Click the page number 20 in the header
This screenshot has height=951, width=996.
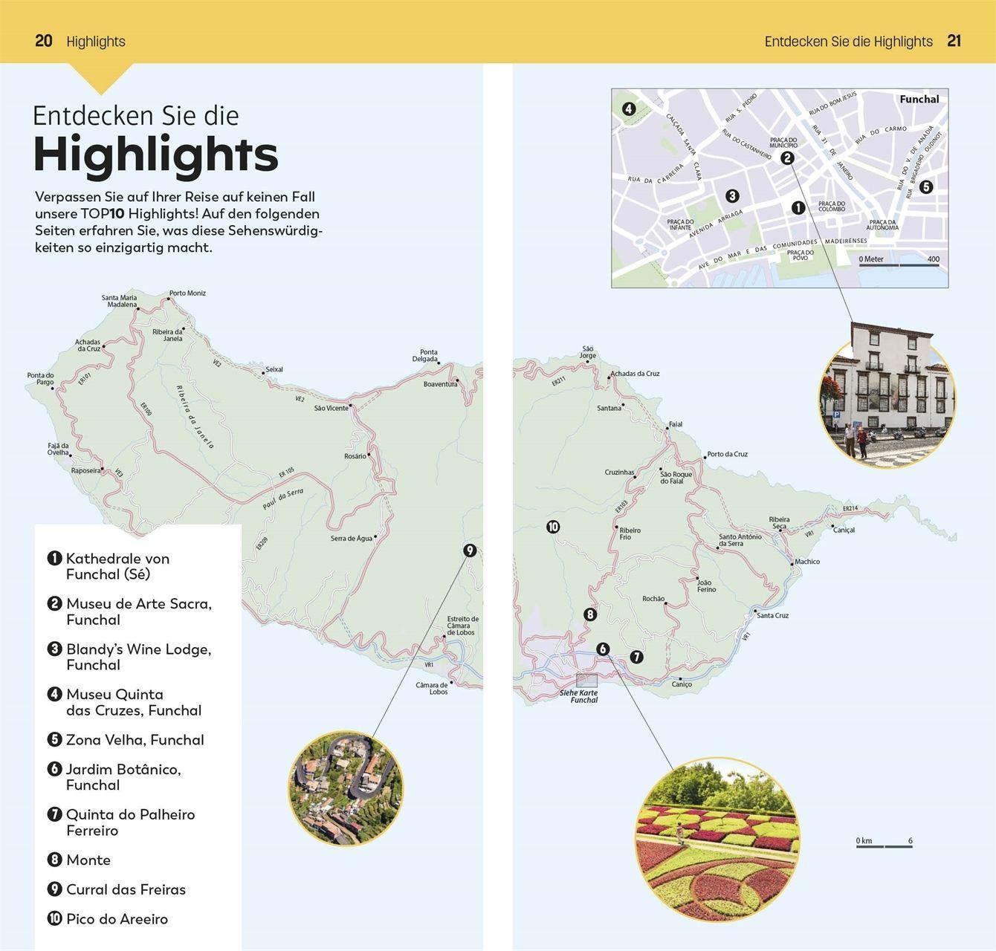[44, 41]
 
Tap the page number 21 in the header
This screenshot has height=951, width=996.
[954, 41]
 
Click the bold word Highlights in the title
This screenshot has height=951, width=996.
[155, 155]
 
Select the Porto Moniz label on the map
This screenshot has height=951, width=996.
[187, 293]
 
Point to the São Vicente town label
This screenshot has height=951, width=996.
[331, 408]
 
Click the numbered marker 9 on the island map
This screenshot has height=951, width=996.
[469, 551]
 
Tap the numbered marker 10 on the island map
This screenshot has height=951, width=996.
[553, 527]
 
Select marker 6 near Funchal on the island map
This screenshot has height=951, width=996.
[603, 649]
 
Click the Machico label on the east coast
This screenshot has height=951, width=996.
[807, 562]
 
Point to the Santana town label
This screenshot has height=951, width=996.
[609, 408]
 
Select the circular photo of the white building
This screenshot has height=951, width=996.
[887, 401]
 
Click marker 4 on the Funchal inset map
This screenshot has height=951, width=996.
[629, 109]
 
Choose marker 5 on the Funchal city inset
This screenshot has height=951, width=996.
[925, 187]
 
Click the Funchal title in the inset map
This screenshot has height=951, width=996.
[919, 99]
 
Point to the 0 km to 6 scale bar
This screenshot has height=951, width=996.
[884, 843]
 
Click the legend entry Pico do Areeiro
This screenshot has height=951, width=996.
[117, 919]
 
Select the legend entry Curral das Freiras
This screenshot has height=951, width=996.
[126, 889]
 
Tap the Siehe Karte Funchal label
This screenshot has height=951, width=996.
[579, 696]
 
